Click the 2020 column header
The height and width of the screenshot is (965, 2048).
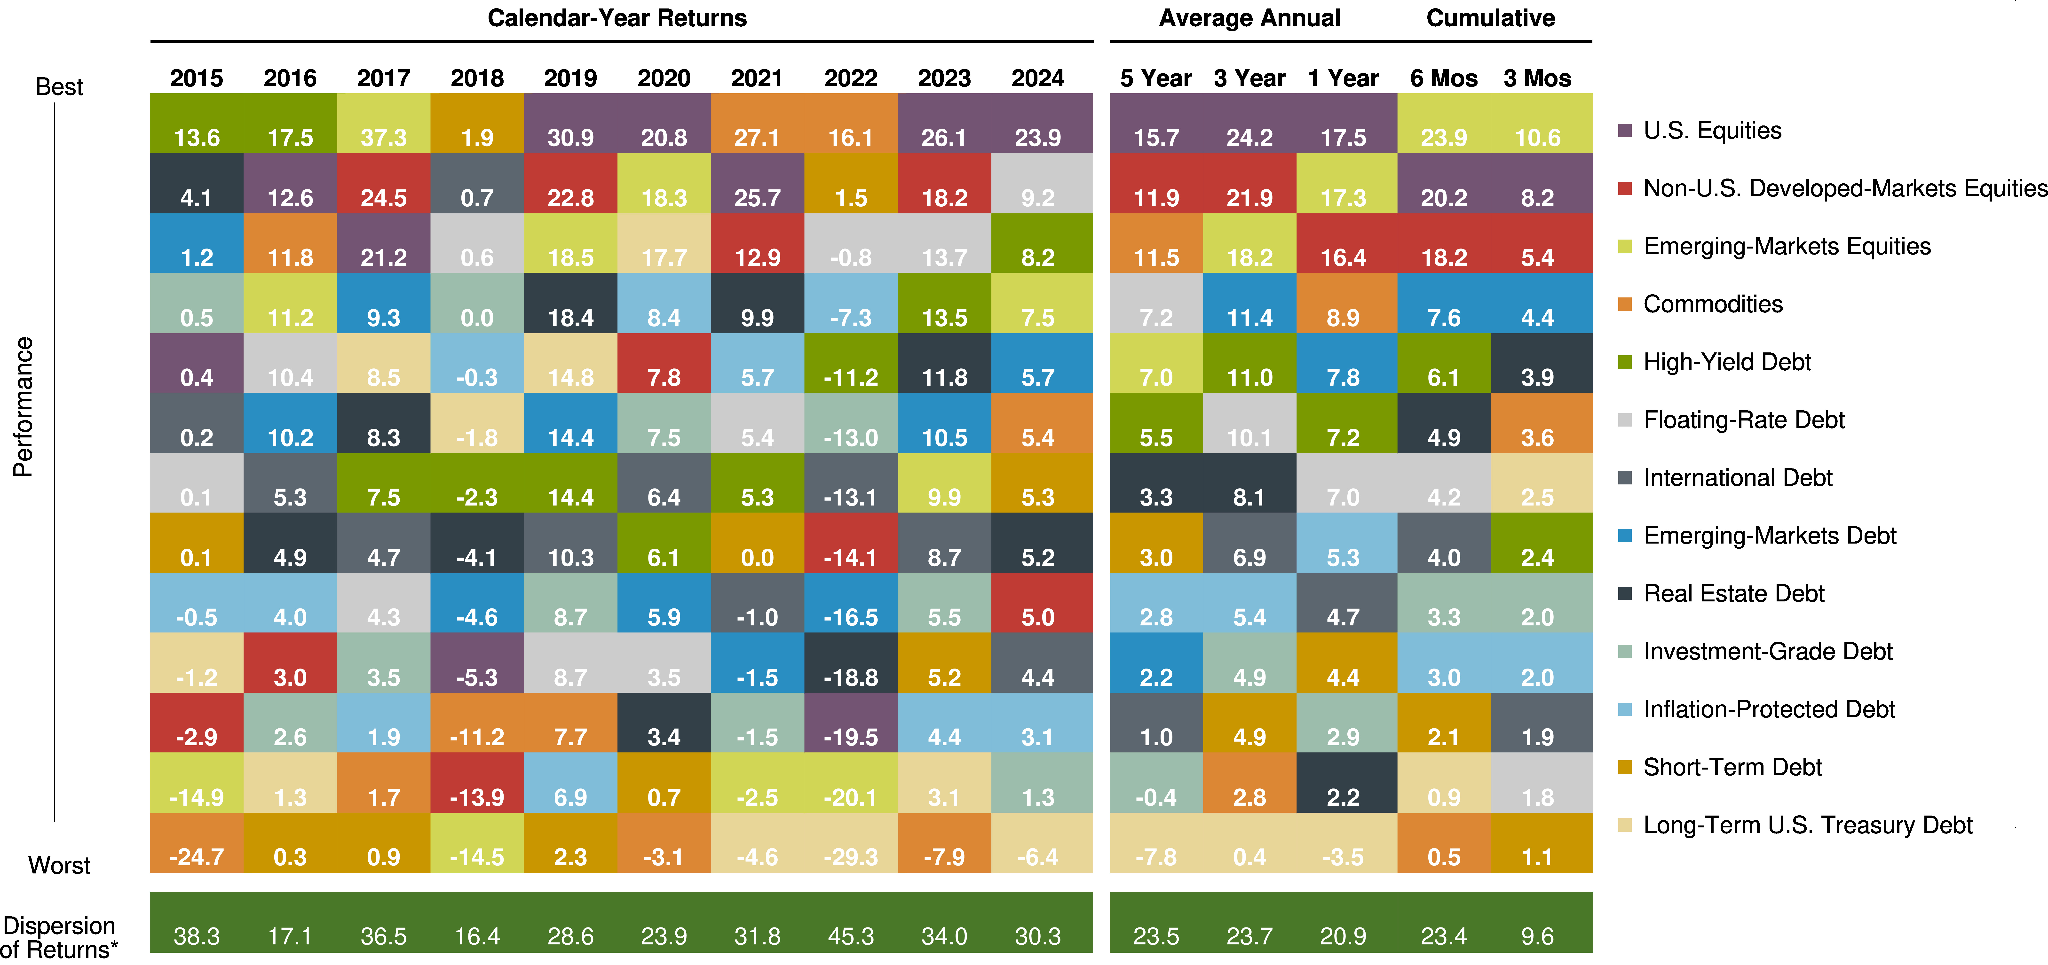pyautogui.click(x=664, y=78)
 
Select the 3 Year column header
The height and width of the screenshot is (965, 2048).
pyautogui.click(x=1249, y=78)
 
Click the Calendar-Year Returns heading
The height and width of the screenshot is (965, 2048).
pyautogui.click(x=617, y=17)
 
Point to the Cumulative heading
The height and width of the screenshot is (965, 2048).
pyautogui.click(x=1490, y=17)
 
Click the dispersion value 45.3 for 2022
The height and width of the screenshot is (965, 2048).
pyautogui.click(x=851, y=936)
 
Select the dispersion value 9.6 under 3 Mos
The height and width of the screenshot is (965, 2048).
pyautogui.click(x=1537, y=936)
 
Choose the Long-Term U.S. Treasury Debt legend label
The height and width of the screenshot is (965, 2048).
pyautogui.click(x=1807, y=825)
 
